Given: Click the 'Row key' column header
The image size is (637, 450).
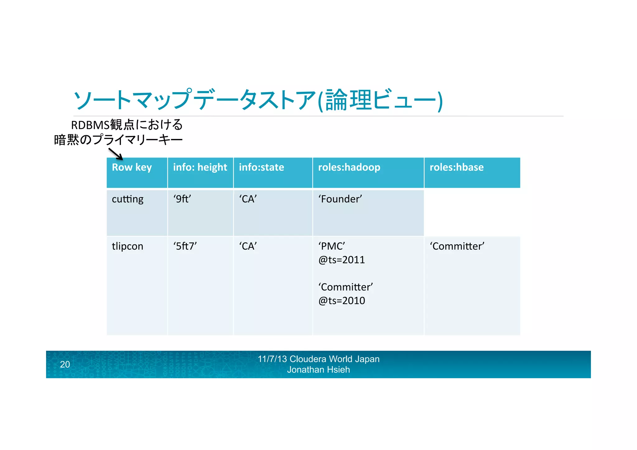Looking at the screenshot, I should coord(132,167).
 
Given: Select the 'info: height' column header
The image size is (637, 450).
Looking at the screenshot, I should coord(200,167).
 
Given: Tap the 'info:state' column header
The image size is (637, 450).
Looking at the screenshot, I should coord(261,167).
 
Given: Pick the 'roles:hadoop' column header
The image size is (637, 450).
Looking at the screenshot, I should coord(349,167).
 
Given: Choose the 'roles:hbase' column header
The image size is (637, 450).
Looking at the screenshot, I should coord(456,167).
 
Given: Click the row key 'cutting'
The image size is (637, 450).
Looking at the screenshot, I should coord(128,199).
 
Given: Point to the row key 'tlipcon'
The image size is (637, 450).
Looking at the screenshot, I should coord(128,246).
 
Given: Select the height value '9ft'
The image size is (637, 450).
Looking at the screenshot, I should coord(182,199).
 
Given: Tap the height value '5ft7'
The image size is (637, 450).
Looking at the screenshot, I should coord(185,246).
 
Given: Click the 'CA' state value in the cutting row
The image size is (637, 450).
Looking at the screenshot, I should coord(248,199).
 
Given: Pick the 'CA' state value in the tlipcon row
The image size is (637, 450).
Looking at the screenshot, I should coord(248,246).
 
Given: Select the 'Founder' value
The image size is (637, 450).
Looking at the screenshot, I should coord(340,199).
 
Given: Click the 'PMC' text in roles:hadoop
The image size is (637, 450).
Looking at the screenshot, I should coord(332,246).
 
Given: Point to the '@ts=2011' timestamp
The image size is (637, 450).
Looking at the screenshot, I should coord(342,260).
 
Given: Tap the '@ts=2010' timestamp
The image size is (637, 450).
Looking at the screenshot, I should coord(342,301).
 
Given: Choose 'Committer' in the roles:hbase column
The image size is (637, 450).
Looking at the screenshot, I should coord(457,246).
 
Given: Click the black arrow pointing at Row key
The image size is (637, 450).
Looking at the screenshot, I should coord(116,154).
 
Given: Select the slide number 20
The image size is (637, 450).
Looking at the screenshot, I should coord(65,364).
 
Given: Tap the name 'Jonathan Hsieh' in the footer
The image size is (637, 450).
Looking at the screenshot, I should coord(318,370).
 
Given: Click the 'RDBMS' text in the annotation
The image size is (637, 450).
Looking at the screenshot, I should coord(90,125).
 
